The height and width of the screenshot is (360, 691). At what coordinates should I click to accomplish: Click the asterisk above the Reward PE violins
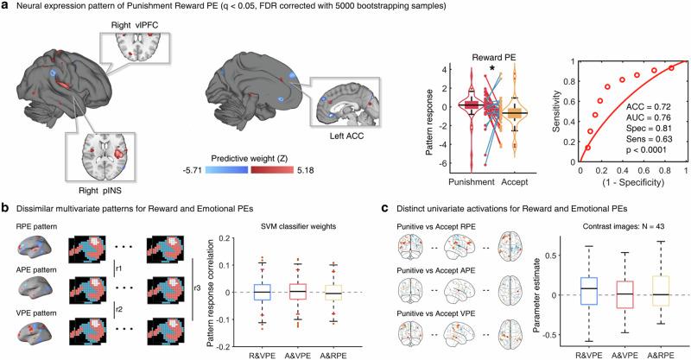491,69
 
